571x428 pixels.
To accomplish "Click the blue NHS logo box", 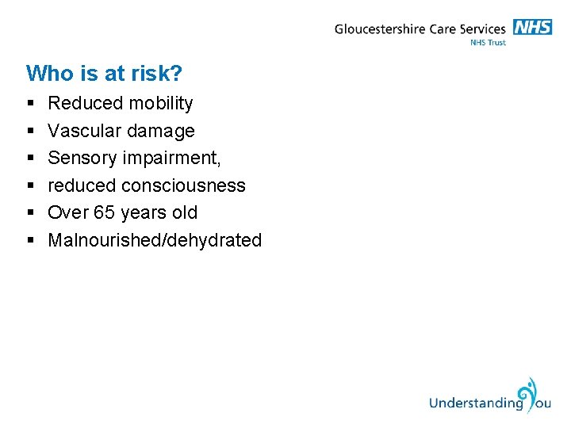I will (x=532, y=27).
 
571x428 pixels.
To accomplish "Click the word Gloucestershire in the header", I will (x=380, y=30).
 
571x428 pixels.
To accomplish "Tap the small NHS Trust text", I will (x=488, y=43).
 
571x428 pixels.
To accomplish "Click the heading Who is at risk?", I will (x=104, y=74).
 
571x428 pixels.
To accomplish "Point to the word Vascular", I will (x=81, y=131).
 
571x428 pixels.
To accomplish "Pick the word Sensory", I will (x=82, y=159).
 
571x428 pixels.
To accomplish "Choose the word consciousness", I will (x=183, y=185).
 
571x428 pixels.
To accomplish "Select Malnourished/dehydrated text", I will (x=155, y=240).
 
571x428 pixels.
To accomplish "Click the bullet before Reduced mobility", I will (x=29, y=104).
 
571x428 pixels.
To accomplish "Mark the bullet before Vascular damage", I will (x=29, y=131).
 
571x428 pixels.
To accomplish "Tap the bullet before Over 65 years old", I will (x=29, y=213).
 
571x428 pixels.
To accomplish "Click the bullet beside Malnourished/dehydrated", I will (x=29, y=240).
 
